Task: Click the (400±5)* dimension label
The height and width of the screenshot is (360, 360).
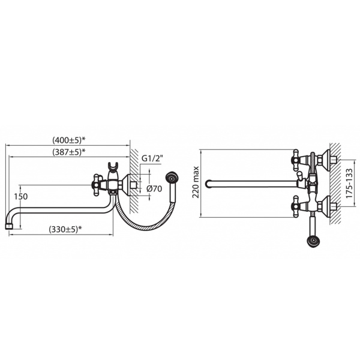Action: pyautogui.click(x=69, y=140)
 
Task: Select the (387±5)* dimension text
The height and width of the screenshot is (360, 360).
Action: pyautogui.click(x=69, y=152)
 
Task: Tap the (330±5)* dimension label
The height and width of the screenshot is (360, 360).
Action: pyautogui.click(x=65, y=229)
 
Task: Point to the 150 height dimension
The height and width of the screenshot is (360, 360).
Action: pyautogui.click(x=20, y=197)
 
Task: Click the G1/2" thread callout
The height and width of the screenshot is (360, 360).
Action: pyautogui.click(x=152, y=158)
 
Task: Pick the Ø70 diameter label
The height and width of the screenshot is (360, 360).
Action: pyautogui.click(x=154, y=189)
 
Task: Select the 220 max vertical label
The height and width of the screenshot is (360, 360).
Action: pyautogui.click(x=196, y=182)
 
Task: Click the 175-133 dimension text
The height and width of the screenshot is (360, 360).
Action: pyautogui.click(x=349, y=184)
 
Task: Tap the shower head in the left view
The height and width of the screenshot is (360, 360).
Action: pyautogui.click(x=172, y=178)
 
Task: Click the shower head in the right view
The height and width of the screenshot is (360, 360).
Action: pyautogui.click(x=313, y=242)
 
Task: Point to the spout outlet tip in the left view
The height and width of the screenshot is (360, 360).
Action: pyautogui.click(x=9, y=226)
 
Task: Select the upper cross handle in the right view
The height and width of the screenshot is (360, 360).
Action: pyautogui.click(x=296, y=161)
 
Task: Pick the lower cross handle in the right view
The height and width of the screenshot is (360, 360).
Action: pyautogui.click(x=296, y=205)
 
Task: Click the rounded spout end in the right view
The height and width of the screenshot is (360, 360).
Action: pyautogui.click(x=208, y=184)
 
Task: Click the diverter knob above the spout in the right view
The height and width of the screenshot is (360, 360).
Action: pyautogui.click(x=299, y=175)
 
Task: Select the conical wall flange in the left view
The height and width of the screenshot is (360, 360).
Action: pyautogui.click(x=125, y=184)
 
